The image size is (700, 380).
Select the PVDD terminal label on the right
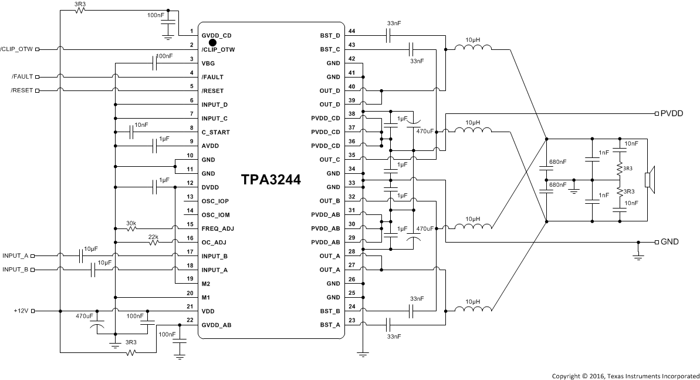point(672,113)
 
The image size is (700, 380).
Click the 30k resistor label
point(131,223)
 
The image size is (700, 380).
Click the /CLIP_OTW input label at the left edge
point(17,49)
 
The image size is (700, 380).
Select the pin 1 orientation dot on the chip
point(213,42)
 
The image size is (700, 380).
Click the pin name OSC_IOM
point(215,215)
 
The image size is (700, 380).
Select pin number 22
point(190,320)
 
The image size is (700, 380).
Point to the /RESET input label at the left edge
point(22,90)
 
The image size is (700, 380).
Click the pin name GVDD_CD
point(217,36)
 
